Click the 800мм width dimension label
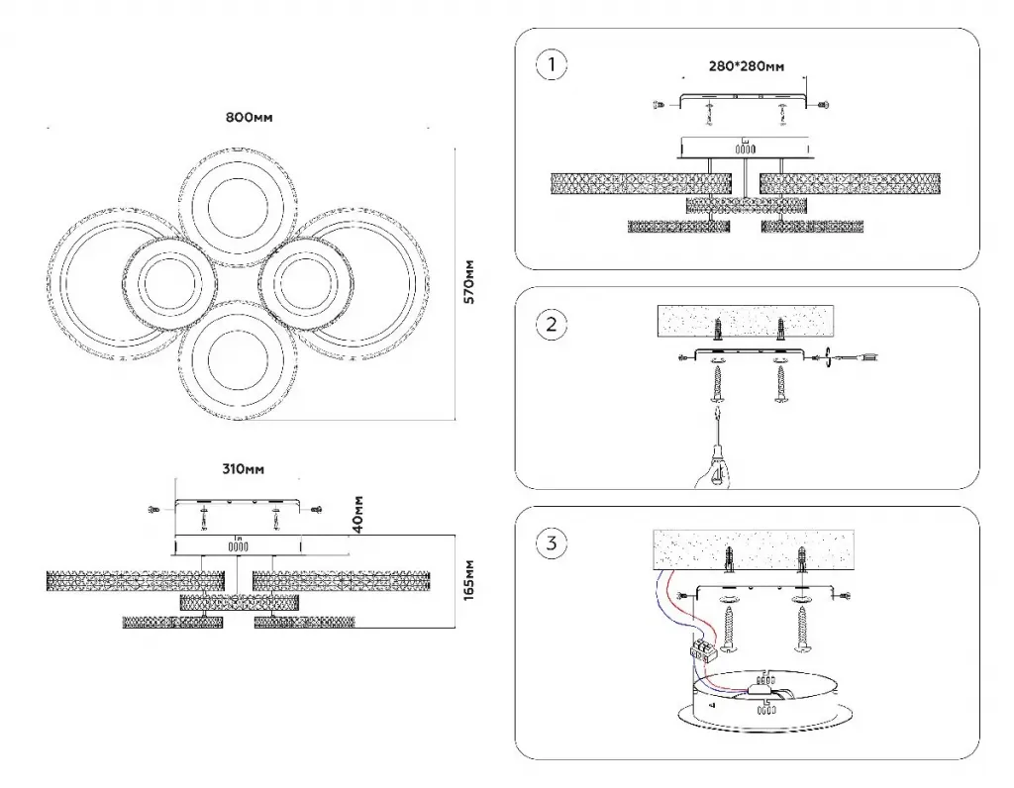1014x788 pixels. [249, 117]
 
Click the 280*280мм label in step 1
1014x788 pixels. [747, 66]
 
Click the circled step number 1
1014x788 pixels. [552, 66]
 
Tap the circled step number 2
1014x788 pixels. [552, 324]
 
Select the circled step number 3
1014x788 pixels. [552, 542]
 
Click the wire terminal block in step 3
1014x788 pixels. [704, 652]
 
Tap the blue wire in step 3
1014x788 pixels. [665, 604]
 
